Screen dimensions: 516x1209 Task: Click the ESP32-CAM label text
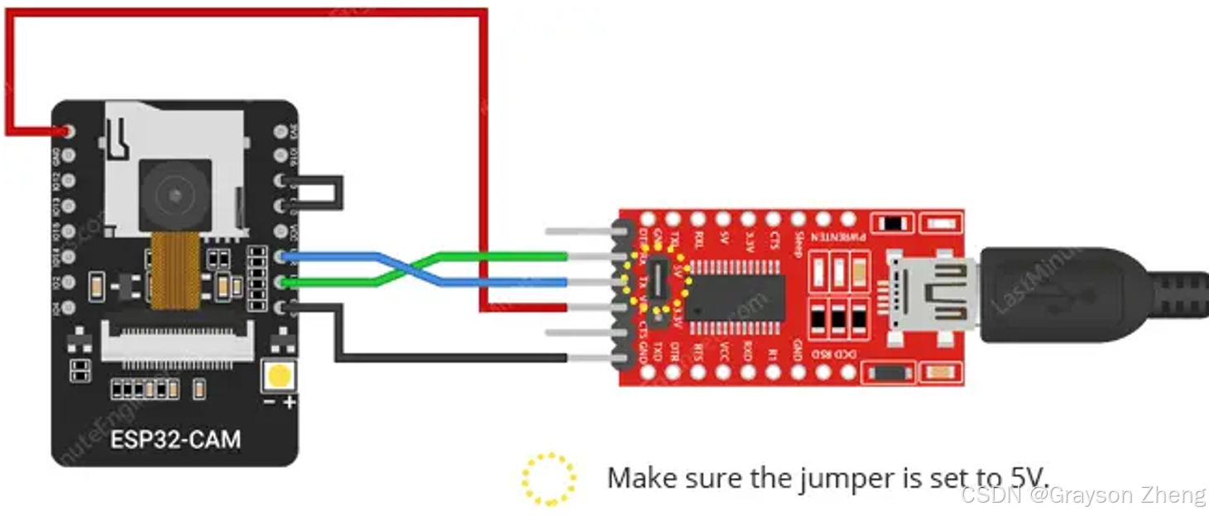click(175, 438)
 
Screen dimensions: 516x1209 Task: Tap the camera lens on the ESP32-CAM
click(175, 195)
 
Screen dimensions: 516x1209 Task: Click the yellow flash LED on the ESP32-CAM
click(279, 376)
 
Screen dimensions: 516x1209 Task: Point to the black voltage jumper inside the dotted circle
click(659, 281)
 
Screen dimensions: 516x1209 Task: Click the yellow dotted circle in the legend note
click(549, 479)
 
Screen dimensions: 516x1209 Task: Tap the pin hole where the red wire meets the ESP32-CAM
click(67, 131)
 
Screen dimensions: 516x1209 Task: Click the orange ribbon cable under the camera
click(175, 269)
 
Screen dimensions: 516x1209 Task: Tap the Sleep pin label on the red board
click(798, 245)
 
